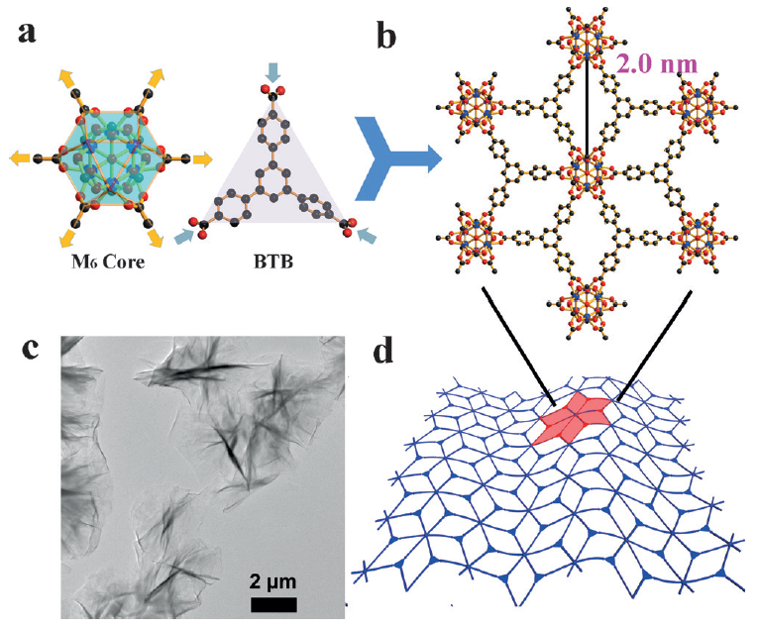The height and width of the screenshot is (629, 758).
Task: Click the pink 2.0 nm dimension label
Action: tap(657, 64)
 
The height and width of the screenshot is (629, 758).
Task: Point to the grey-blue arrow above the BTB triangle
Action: tap(274, 71)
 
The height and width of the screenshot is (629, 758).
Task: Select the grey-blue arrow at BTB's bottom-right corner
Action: tap(367, 236)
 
